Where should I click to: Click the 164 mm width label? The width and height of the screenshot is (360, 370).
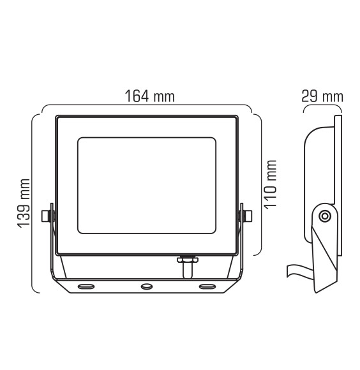[x=149, y=96]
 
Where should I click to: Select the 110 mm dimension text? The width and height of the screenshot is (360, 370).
[x=270, y=184]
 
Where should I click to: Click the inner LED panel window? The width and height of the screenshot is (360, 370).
[x=147, y=185]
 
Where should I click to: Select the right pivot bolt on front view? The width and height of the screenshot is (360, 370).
[x=246, y=215]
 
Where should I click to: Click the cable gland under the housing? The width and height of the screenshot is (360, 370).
[x=187, y=265]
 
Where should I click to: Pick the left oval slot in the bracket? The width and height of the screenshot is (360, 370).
[x=85, y=287]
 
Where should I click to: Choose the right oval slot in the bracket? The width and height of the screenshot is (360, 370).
[x=208, y=287]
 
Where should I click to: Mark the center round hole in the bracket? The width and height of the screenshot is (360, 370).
[x=147, y=287]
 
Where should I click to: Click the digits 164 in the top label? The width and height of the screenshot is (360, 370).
[x=137, y=96]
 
